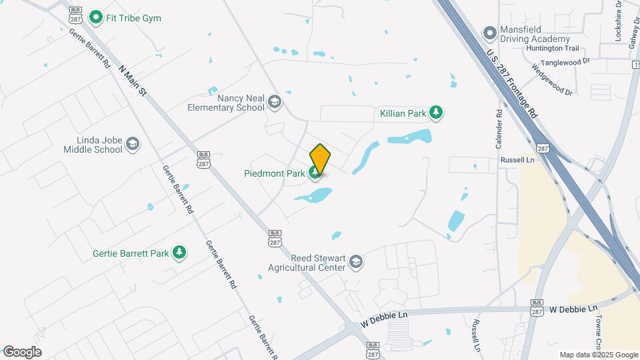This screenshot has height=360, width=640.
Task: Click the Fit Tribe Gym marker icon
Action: pos(96,17)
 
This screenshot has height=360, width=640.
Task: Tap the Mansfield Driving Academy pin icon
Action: pos(491,31)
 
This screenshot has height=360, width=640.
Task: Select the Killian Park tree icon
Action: pos(436,113)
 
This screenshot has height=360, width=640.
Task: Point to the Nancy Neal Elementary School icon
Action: pos(274,102)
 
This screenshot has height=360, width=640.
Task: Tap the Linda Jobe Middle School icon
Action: pos(133,144)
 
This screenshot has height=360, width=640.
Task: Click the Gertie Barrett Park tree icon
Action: pos(179,253)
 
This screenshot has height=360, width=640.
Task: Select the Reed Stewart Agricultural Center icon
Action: pos(356,262)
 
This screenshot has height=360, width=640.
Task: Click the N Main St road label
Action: pos(132,79)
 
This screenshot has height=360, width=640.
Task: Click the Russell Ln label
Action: pos(518,160)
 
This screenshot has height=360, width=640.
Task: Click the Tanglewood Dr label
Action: pos(565,61)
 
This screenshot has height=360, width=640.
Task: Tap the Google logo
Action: pos(22,351)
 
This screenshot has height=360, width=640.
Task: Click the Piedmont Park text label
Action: pos(274,173)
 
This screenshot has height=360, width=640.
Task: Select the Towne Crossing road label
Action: pos(603,333)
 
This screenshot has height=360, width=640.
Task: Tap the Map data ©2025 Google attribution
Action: pos(598,355)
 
